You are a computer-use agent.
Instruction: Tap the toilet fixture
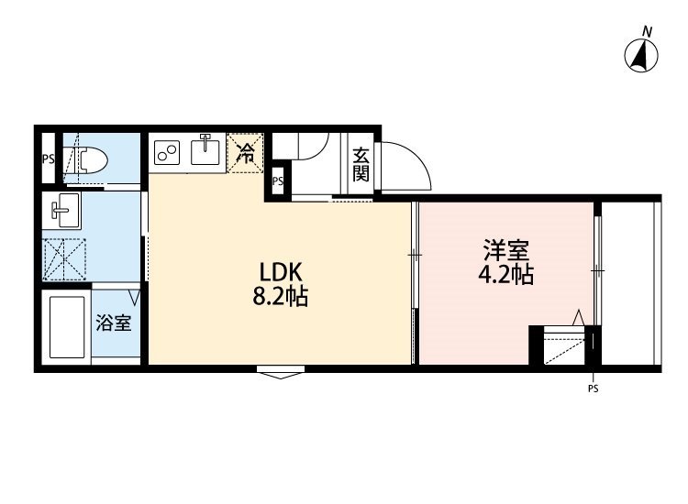(x=88, y=161)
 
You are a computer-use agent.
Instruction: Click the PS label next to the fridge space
(x=277, y=181)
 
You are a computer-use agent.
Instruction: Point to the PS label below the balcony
(x=593, y=389)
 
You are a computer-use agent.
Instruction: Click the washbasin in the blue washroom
(x=65, y=213)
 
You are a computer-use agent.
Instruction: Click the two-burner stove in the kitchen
(x=167, y=152)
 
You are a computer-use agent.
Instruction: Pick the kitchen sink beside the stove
(x=206, y=152)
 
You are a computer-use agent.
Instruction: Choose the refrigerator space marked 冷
(x=246, y=151)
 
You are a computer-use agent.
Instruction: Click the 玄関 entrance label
(x=361, y=165)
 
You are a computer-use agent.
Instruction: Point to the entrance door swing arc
(x=404, y=165)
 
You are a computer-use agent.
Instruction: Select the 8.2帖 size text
(x=281, y=297)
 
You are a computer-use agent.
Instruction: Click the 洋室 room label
(x=506, y=250)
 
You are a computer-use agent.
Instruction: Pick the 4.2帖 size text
(x=506, y=275)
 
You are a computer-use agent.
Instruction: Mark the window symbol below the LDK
(x=281, y=372)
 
